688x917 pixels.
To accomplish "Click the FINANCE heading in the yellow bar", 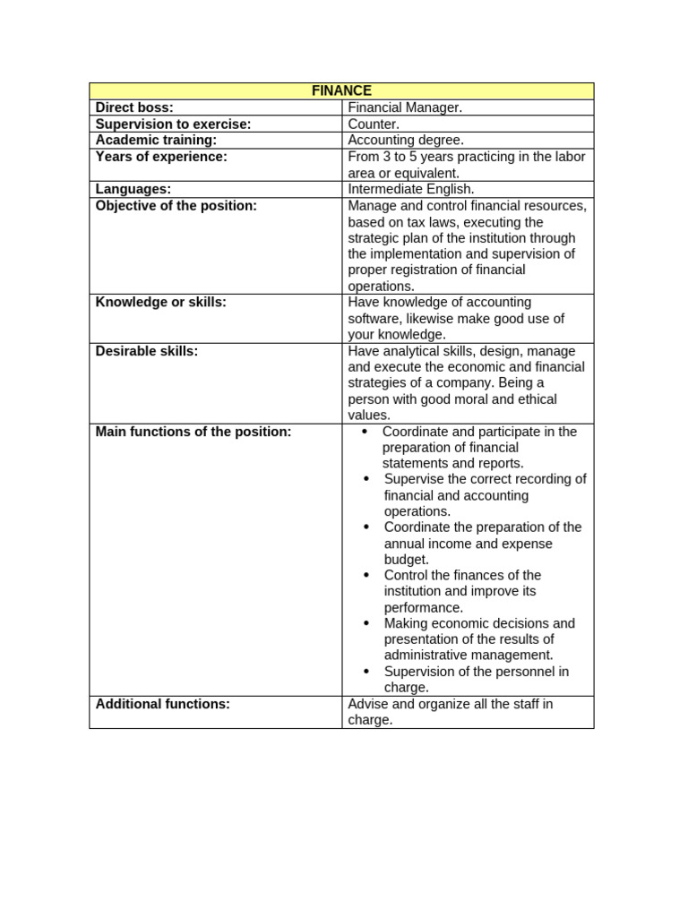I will [341, 90].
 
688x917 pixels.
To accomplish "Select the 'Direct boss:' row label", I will [135, 107].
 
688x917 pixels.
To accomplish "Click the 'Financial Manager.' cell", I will [405, 107].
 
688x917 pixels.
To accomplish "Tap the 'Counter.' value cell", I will [374, 124].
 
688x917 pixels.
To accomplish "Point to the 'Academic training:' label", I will [157, 140].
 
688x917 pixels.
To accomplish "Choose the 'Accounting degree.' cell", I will [406, 140].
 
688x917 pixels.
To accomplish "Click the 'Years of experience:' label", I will [161, 157].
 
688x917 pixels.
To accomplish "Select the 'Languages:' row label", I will [133, 189].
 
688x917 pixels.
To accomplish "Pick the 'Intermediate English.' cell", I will [411, 189].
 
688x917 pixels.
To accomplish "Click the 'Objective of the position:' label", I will [176, 205].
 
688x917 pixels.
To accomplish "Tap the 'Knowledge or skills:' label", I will [161, 302].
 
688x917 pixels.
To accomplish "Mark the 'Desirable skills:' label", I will [147, 351].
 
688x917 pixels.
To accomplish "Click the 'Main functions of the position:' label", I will [193, 432].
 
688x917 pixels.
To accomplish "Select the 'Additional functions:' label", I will [163, 704].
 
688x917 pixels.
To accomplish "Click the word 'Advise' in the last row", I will [368, 704].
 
